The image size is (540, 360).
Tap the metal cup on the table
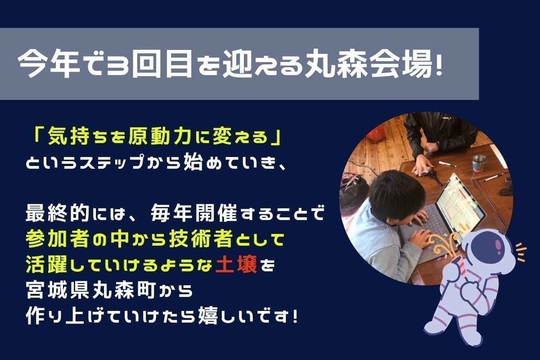pyautogui.click(x=479, y=163)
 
